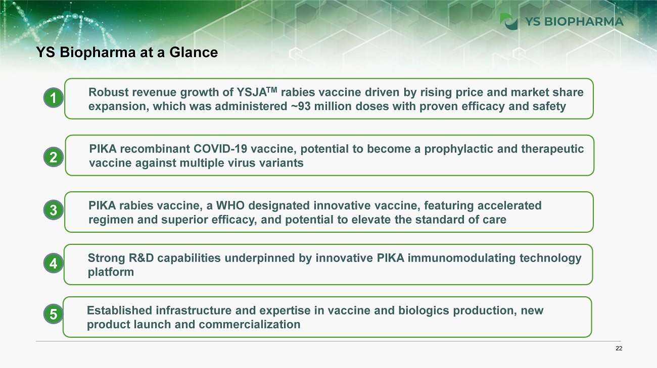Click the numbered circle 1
54,97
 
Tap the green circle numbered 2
54,157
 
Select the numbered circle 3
54,210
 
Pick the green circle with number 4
54,263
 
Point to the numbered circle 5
54,314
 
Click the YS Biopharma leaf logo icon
508,21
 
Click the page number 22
619,348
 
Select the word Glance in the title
194,52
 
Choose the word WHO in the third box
230,205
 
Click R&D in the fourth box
142,258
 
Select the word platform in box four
111,272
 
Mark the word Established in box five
119,310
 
